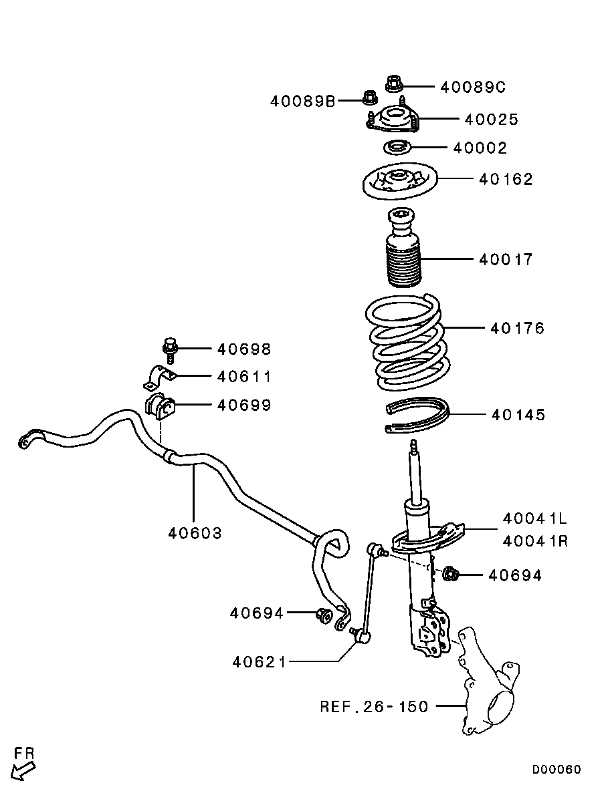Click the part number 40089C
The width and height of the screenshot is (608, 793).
click(x=473, y=87)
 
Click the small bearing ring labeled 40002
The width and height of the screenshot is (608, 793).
click(x=397, y=148)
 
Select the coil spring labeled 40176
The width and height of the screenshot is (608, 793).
click(x=408, y=344)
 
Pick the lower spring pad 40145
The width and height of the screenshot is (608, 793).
click(x=418, y=415)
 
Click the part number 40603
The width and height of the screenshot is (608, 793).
click(x=195, y=533)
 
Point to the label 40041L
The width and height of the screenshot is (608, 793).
click(x=535, y=518)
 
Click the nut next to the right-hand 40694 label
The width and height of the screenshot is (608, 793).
click(x=451, y=574)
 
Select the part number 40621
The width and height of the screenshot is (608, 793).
click(x=260, y=661)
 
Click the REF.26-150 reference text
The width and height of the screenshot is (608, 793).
click(x=374, y=706)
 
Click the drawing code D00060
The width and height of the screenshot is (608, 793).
click(x=556, y=770)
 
